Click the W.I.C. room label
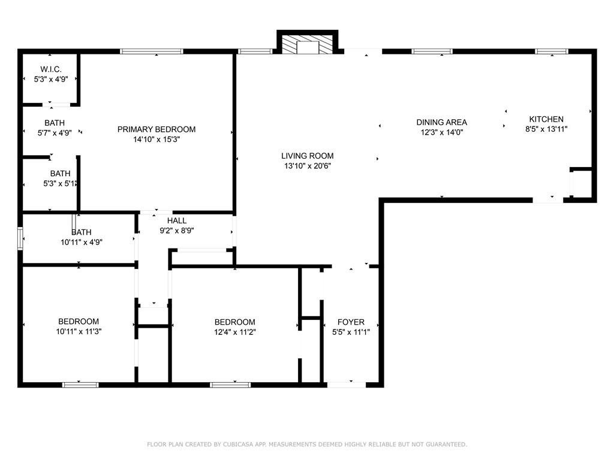click(x=50, y=69)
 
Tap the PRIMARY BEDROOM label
click(x=156, y=129)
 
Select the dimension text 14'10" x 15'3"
click(x=156, y=139)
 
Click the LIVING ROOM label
click(x=308, y=156)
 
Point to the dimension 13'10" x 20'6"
click(x=308, y=166)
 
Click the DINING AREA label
click(x=442, y=123)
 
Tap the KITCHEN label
click(x=546, y=119)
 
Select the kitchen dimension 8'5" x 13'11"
click(x=546, y=129)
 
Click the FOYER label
click(x=351, y=322)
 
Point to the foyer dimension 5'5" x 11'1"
click(x=351, y=332)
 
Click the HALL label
click(x=177, y=220)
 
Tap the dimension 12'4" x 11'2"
click(x=235, y=332)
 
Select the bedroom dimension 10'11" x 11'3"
click(x=79, y=331)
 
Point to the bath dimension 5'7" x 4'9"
click(x=55, y=133)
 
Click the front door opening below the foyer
click(x=346, y=385)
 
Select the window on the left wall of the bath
click(x=20, y=239)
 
